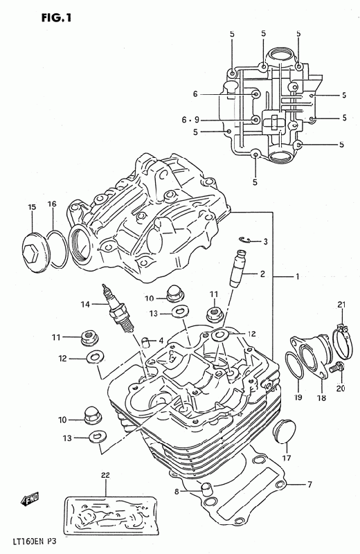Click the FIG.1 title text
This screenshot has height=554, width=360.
click(56, 17)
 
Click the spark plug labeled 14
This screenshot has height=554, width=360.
click(118, 308)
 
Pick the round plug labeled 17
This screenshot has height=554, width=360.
click(283, 431)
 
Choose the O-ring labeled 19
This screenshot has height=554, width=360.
click(294, 370)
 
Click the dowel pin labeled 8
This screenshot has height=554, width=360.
click(206, 490)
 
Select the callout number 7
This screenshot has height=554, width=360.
click(309, 484)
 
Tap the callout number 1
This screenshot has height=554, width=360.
click(298, 276)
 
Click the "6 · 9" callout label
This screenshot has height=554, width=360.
click(190, 120)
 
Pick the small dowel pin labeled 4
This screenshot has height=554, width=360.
click(145, 342)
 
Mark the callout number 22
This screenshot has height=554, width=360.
click(106, 475)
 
